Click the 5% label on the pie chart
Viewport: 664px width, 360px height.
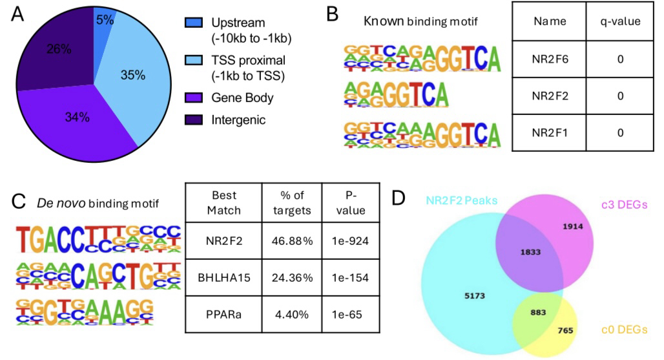click(105, 20)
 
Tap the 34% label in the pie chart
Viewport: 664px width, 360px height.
click(76, 117)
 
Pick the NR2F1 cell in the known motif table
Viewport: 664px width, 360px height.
click(549, 132)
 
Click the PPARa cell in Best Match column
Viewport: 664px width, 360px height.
click(223, 317)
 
